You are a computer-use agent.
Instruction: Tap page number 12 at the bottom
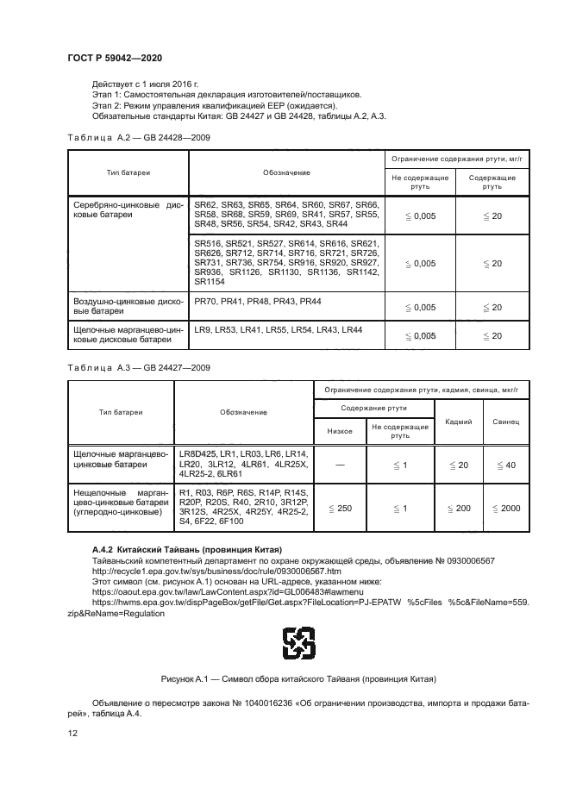coord(72,734)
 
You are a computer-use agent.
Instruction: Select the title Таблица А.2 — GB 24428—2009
coord(138,138)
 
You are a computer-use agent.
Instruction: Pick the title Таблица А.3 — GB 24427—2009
coord(138,367)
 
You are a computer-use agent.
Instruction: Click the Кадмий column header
coord(458,422)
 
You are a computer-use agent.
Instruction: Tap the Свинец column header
coord(505,422)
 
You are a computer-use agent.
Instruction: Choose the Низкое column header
coord(340,431)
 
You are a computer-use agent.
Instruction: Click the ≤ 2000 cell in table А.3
coord(506,509)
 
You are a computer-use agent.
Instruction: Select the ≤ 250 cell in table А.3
coord(340,509)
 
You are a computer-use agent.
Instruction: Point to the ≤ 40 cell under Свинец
coord(506,465)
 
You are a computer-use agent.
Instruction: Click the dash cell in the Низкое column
coord(340,465)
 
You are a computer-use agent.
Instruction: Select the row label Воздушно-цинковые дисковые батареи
coord(128,307)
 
